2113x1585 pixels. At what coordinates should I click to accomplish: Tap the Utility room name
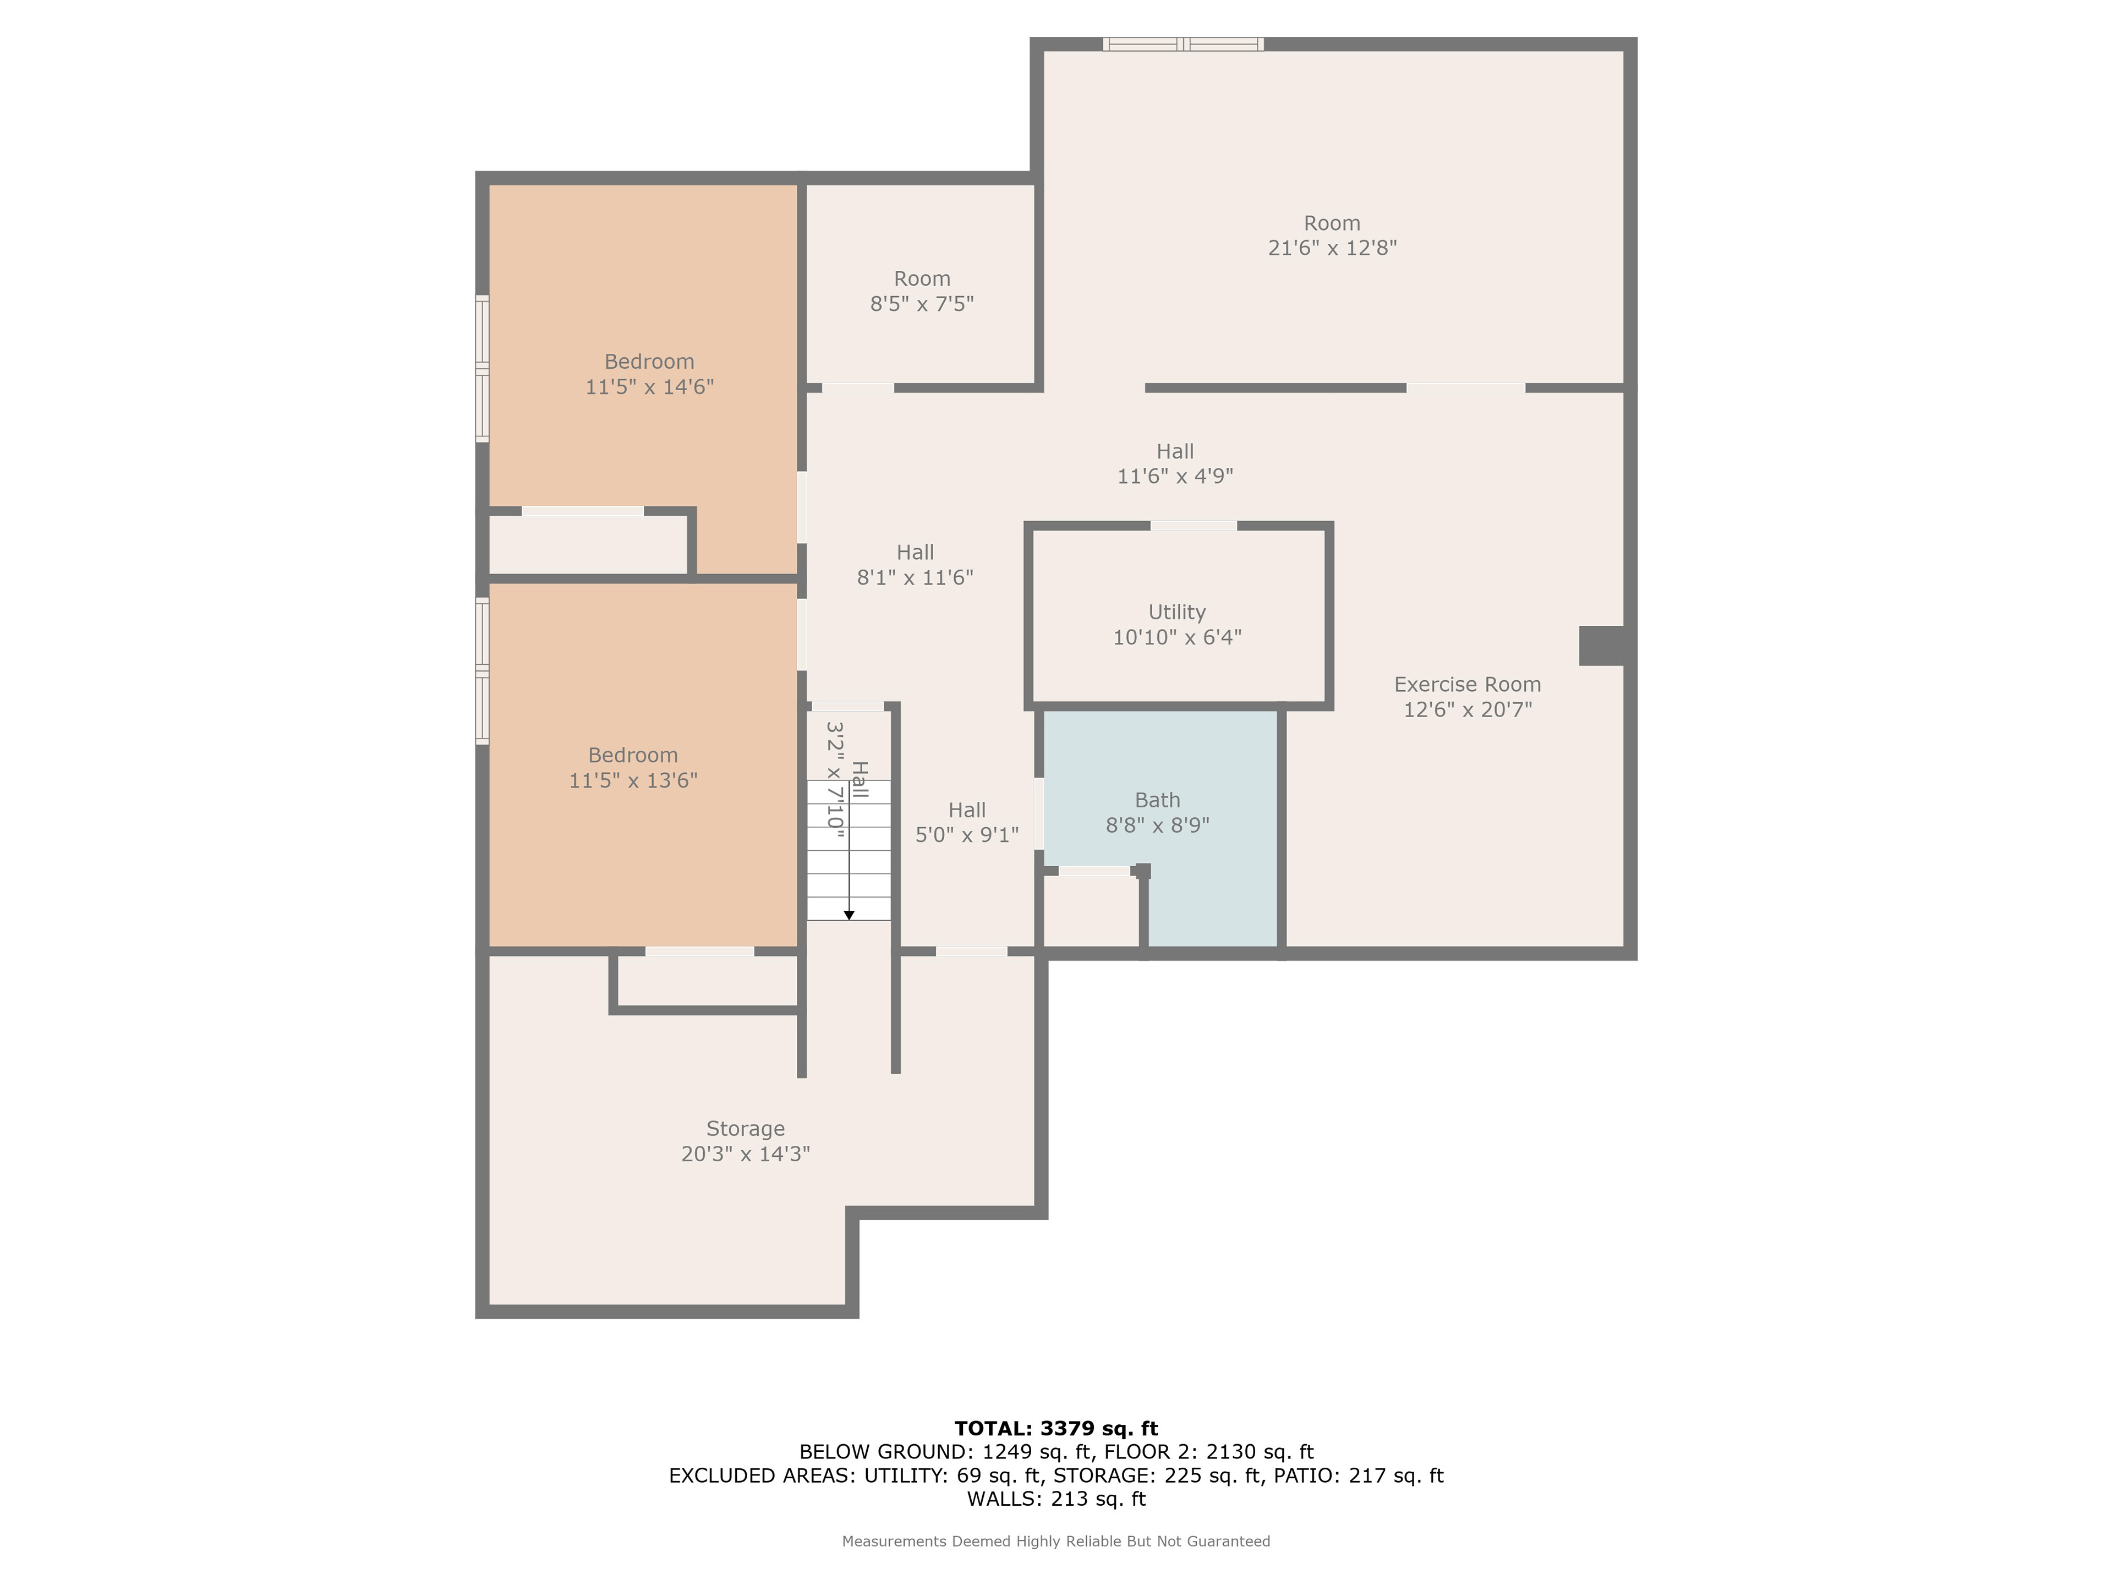pyautogui.click(x=1177, y=613)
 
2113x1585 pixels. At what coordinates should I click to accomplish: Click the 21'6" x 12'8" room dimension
pyautogui.click(x=1333, y=248)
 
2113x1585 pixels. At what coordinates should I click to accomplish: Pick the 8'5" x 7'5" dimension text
pyautogui.click(x=922, y=304)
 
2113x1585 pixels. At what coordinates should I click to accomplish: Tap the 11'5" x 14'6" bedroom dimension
pyautogui.click(x=649, y=387)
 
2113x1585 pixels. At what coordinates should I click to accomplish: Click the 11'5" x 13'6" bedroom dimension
pyautogui.click(x=633, y=780)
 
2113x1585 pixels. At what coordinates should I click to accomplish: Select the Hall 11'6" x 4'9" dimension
pyautogui.click(x=1175, y=476)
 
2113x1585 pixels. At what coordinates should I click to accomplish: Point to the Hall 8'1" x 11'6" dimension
pyautogui.click(x=915, y=577)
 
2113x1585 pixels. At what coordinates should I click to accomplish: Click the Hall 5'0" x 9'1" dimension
pyautogui.click(x=967, y=835)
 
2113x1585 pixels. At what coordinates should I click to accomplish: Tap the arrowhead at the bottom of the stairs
pyautogui.click(x=849, y=915)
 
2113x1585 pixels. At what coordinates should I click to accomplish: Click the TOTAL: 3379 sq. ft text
pyautogui.click(x=1056, y=1428)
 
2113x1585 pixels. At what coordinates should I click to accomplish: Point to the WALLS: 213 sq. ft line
pyautogui.click(x=1056, y=1499)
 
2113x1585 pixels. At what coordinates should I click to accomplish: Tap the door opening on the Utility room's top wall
pyautogui.click(x=1193, y=526)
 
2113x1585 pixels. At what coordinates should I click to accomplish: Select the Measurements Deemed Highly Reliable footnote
pyautogui.click(x=1056, y=1541)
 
